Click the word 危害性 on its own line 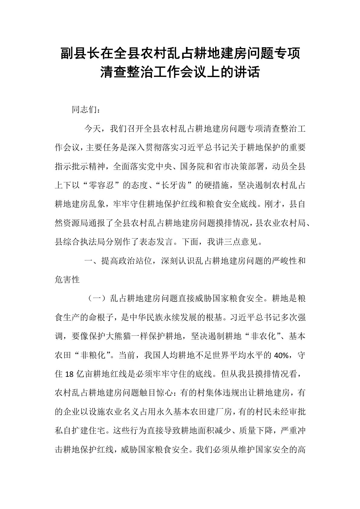point(67,280)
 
